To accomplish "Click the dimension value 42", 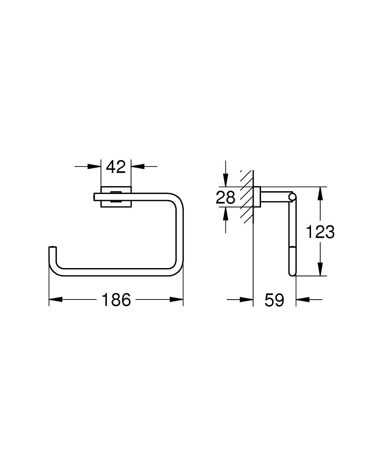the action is pos(116,167).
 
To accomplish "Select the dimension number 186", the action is pos(116,300).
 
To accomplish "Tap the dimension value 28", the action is pos(226,197).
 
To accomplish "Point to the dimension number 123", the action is pos(320,232).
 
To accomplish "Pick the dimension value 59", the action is pos(274,300).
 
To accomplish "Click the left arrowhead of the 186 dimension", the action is pos(56,300).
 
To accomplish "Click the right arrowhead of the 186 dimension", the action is pos(176,300).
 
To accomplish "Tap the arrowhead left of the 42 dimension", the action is pos(94,167).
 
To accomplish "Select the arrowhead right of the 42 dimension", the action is pos(138,167).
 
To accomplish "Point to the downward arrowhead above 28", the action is pos(225,180).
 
